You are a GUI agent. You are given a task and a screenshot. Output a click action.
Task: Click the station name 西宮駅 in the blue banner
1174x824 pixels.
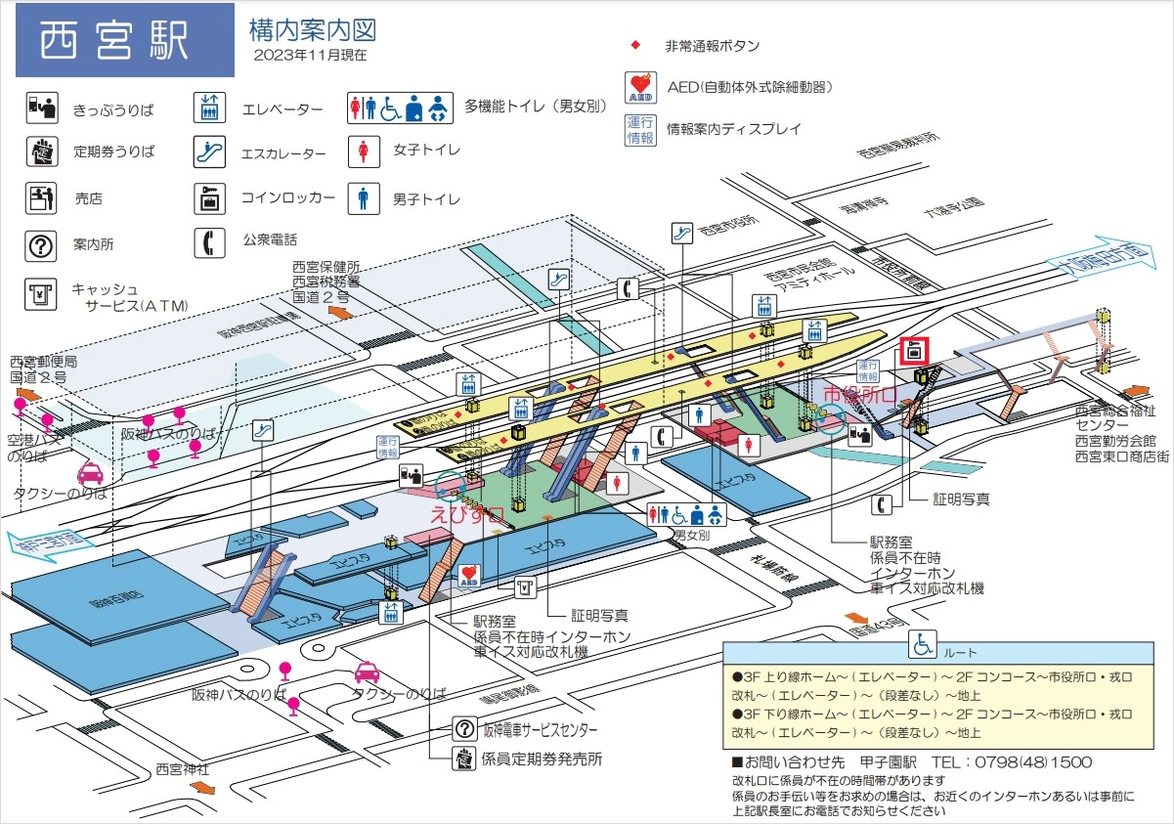(x=115, y=40)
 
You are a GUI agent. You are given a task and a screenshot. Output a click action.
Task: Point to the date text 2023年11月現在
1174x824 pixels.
(x=310, y=56)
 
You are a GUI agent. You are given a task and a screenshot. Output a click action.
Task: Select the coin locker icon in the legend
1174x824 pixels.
(x=209, y=198)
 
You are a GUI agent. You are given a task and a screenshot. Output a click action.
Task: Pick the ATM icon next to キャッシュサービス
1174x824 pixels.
(x=40, y=292)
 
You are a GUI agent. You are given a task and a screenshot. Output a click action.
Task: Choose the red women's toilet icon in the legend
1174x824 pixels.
(x=364, y=151)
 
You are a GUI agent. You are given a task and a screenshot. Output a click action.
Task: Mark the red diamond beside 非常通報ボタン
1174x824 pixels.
(x=635, y=46)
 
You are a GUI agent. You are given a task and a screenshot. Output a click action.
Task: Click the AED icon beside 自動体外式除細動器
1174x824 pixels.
(x=639, y=87)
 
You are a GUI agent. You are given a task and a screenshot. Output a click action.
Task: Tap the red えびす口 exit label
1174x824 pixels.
(x=467, y=511)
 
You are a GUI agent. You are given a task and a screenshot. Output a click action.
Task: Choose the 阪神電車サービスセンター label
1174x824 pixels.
(x=541, y=730)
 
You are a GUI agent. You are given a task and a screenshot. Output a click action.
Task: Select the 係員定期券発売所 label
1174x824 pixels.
(x=542, y=759)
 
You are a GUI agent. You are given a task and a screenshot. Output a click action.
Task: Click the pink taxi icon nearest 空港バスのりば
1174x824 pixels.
(x=89, y=474)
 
